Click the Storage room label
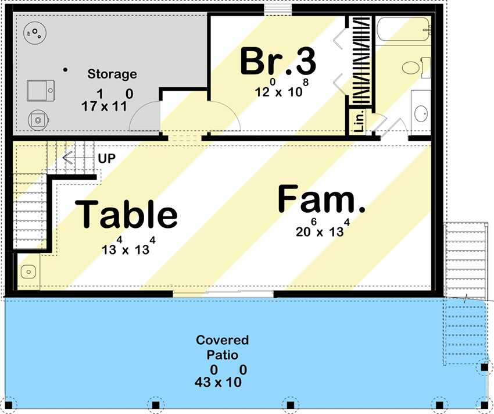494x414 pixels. tap(112, 74)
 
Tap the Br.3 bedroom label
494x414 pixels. tap(278, 61)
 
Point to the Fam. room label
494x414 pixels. tap(321, 199)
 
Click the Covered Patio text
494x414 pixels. tap(222, 347)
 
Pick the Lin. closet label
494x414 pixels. tap(359, 122)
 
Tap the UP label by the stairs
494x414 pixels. tap(106, 158)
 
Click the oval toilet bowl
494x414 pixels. tap(411, 69)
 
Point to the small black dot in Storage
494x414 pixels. tap(65, 70)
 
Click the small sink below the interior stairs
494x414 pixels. tap(27, 271)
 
